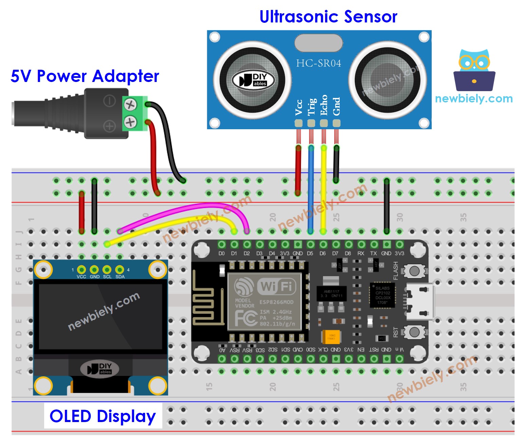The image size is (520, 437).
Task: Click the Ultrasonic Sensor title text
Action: pyautogui.click(x=328, y=16)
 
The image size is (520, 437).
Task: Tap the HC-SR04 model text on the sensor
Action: pyautogui.click(x=318, y=63)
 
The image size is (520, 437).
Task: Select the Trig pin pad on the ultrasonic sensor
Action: pyautogui.click(x=311, y=123)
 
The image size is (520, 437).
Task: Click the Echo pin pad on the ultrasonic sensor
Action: pyautogui.click(x=324, y=123)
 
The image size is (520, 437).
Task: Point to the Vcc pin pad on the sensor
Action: pyautogui.click(x=299, y=123)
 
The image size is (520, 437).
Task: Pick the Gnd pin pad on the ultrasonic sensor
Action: pyautogui.click(x=336, y=123)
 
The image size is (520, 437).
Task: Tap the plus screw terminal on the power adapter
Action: pyautogui.click(x=130, y=122)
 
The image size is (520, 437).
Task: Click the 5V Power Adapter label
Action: pyautogui.click(x=85, y=76)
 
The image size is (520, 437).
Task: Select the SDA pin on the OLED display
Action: pyautogui.click(x=120, y=270)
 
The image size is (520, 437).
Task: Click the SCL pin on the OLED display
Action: pyautogui.click(x=107, y=270)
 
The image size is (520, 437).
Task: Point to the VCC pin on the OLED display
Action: pyautogui.click(x=82, y=270)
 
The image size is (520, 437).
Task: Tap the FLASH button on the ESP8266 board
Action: pyautogui.click(x=414, y=271)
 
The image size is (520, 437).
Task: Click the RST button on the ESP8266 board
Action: pyautogui.click(x=414, y=332)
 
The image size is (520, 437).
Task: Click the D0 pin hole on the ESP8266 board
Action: pyautogui.click(x=221, y=245)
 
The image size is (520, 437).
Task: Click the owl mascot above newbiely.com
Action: pyautogui.click(x=474, y=70)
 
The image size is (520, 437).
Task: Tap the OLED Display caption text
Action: pyautogui.click(x=103, y=416)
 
